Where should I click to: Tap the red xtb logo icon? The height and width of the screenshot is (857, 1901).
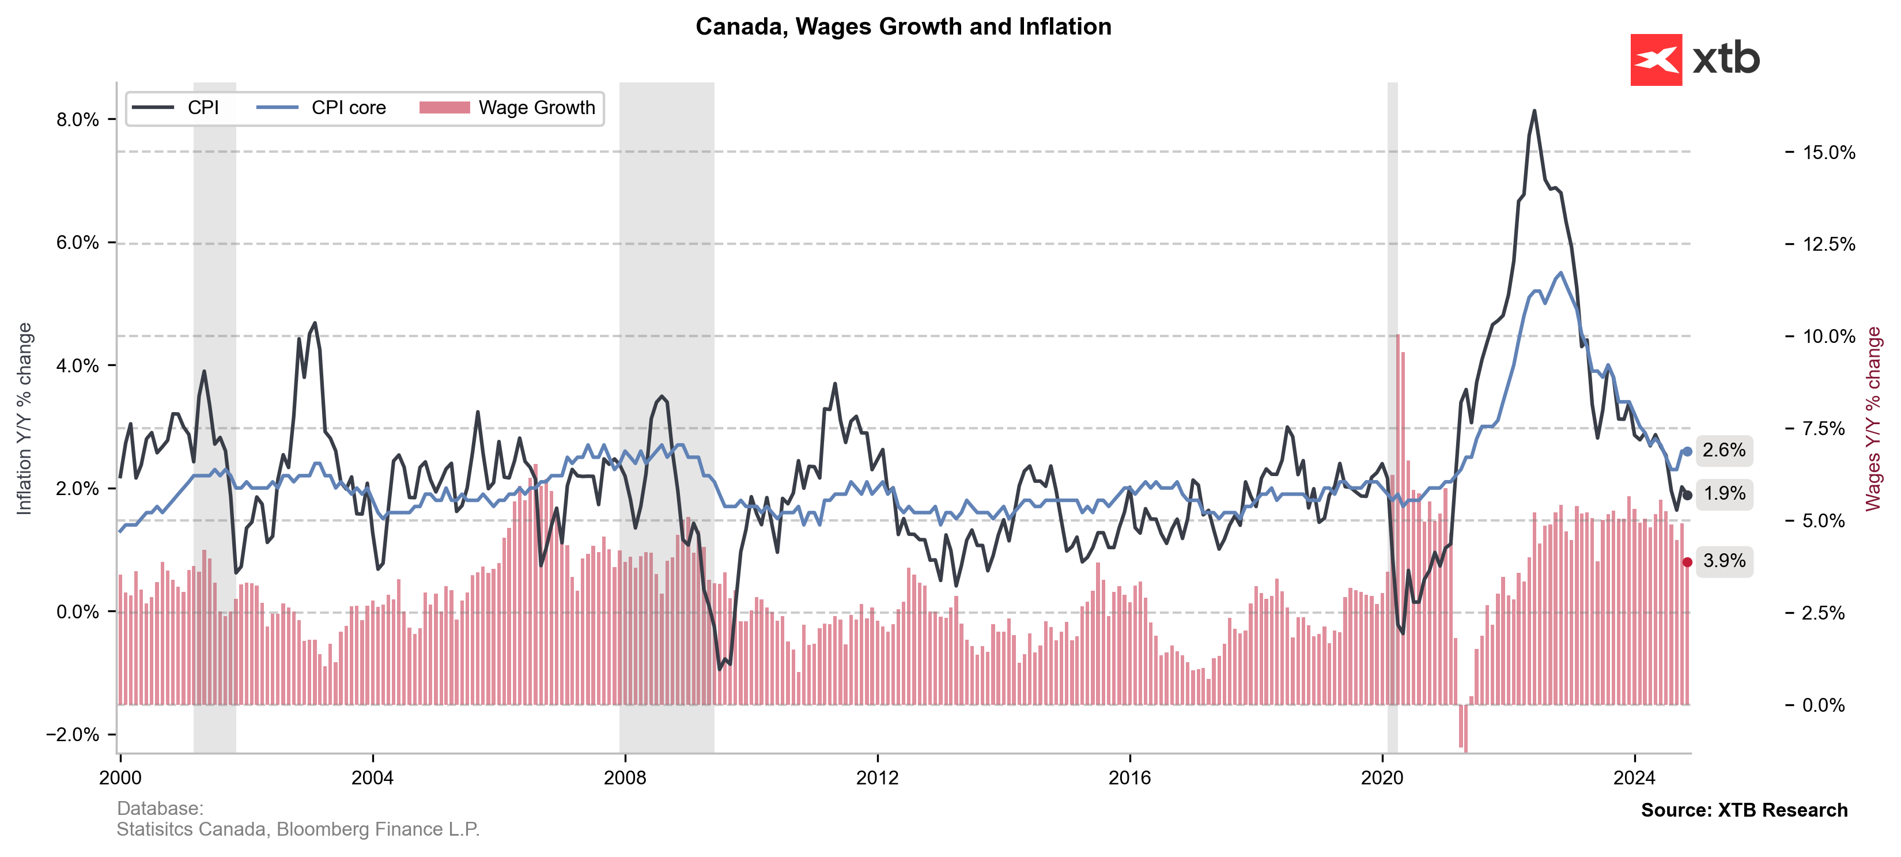click(x=1656, y=60)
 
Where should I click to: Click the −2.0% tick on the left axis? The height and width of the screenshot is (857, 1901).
click(x=73, y=734)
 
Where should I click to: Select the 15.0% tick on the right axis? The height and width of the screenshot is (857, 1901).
click(x=1828, y=153)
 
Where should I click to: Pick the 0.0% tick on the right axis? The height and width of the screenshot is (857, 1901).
click(x=1823, y=705)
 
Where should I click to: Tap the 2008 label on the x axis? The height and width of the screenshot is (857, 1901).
click(x=625, y=777)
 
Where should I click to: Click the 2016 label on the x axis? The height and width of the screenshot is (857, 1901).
click(x=1130, y=777)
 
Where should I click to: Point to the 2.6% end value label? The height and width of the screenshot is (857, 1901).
click(x=1724, y=450)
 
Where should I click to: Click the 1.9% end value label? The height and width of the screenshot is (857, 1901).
click(x=1724, y=494)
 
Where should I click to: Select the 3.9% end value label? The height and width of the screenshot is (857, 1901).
click(x=1724, y=561)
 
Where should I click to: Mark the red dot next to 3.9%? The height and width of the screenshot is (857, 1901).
click(x=1688, y=562)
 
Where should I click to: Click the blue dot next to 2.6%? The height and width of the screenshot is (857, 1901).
click(x=1688, y=452)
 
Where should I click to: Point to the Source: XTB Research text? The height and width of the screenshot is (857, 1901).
click(x=1744, y=810)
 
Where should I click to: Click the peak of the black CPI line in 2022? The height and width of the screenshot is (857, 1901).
click(x=1535, y=111)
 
